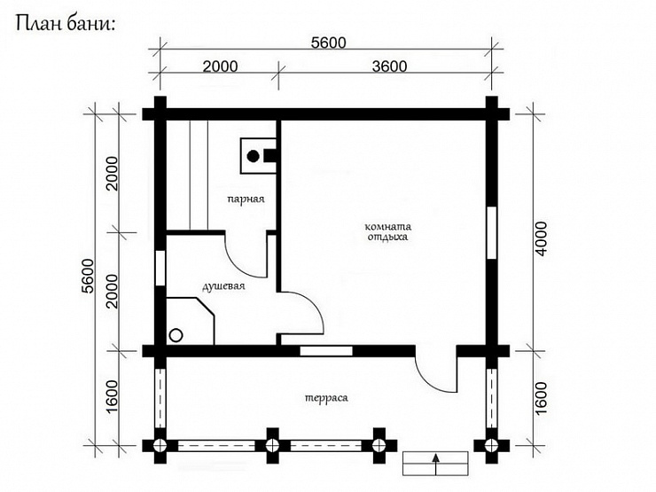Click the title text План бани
click(65, 24)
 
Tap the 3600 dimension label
click(389, 66)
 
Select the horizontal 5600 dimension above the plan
click(328, 43)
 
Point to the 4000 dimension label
click(541, 239)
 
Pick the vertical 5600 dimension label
click(88, 276)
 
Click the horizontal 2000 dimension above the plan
click(220, 66)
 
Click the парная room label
click(246, 199)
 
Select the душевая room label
click(223, 287)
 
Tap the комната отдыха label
click(387, 232)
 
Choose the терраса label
click(326, 398)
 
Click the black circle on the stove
click(254, 157)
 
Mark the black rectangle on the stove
click(269, 156)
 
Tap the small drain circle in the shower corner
click(176, 335)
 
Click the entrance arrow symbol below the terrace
click(435, 464)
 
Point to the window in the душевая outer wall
click(160, 269)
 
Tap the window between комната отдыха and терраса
click(326, 351)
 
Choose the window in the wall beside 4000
click(492, 232)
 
